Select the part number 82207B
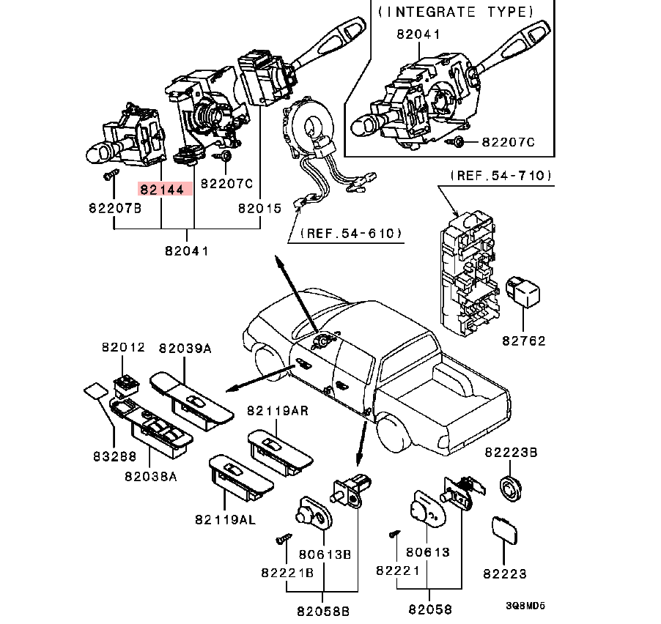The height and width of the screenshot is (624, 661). point(114,208)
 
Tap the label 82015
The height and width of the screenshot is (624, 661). point(259,208)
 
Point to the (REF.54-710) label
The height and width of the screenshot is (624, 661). point(501,176)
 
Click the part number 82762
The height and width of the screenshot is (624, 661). point(524,341)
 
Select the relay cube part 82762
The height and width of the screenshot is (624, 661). point(524,292)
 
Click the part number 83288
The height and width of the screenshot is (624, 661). point(114,456)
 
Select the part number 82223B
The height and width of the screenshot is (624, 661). point(511,454)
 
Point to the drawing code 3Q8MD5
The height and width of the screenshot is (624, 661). point(525,606)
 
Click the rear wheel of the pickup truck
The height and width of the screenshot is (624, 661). point(395,431)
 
